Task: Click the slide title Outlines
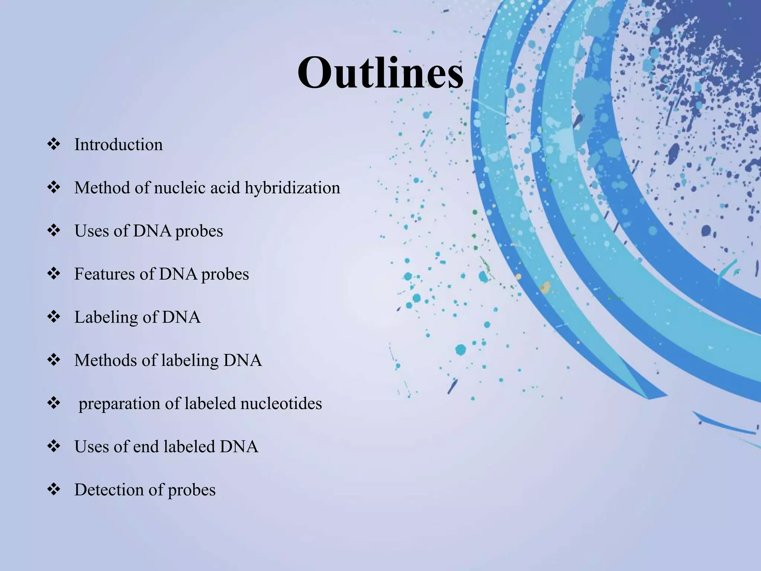click(x=380, y=72)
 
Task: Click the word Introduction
click(x=118, y=145)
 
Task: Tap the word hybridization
click(x=292, y=188)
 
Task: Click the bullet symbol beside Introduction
click(x=54, y=144)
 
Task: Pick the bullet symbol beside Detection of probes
click(x=54, y=489)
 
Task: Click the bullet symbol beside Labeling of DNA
click(x=54, y=317)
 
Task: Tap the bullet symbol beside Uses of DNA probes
click(x=54, y=230)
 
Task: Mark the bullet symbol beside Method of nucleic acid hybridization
click(x=54, y=187)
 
